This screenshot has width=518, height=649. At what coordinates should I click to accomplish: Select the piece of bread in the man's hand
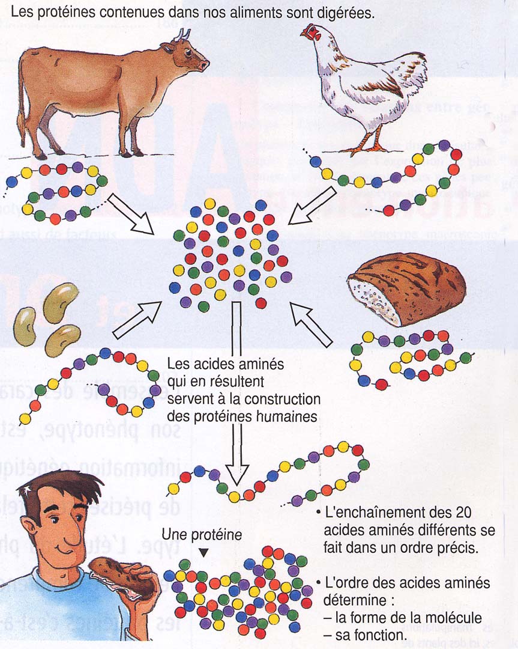point(123,577)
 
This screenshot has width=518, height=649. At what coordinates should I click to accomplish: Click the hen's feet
point(366,147)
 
